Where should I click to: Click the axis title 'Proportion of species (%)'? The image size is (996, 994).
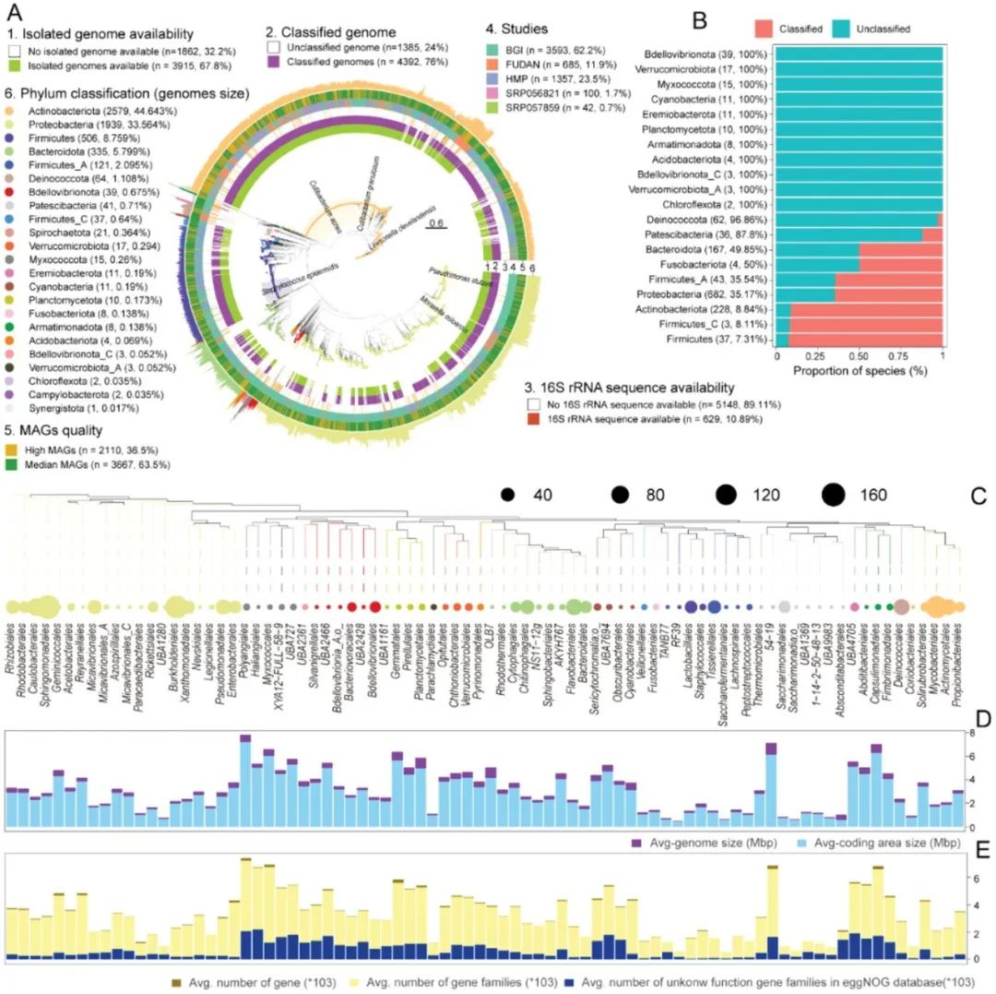pyautogui.click(x=860, y=369)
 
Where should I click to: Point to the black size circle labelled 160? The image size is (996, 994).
pyautogui.click(x=834, y=496)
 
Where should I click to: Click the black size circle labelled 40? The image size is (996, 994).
pyautogui.click(x=507, y=496)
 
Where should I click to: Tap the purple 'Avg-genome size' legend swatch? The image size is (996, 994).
pyautogui.click(x=635, y=844)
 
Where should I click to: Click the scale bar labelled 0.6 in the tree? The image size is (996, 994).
pyautogui.click(x=436, y=225)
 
